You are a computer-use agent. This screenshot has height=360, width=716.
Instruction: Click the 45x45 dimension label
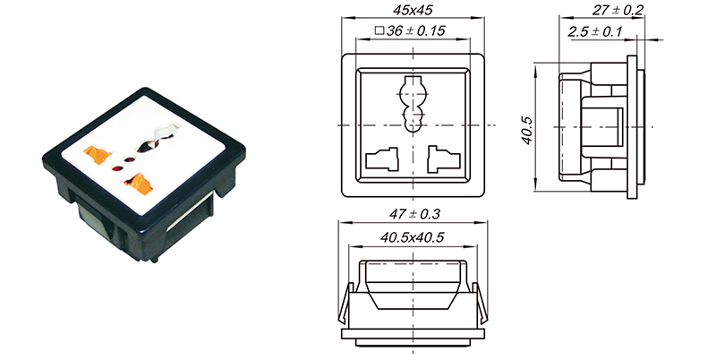(x=413, y=12)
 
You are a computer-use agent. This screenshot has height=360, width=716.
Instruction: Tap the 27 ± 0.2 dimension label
(x=617, y=11)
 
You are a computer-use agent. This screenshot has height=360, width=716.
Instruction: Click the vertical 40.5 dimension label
(x=527, y=128)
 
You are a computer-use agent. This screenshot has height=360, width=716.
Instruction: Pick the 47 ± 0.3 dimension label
(x=413, y=215)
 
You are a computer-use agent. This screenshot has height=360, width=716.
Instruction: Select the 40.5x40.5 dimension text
(x=413, y=237)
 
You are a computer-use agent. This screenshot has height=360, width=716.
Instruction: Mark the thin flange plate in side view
(x=638, y=125)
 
